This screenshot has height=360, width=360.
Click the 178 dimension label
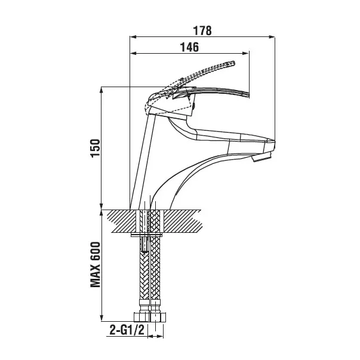coord(202,30)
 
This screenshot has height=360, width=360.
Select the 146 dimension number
coord(189,47)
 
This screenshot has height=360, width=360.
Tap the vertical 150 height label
coord(96,148)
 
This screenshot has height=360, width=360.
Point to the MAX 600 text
coord(96,264)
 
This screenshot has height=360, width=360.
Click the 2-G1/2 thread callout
coord(127,330)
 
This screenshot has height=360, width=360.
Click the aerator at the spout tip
coord(263,157)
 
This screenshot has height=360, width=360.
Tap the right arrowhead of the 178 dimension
coord(272,37)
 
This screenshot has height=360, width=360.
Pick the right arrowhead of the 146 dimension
coord(246,54)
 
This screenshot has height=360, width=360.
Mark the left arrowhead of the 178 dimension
coord(133,37)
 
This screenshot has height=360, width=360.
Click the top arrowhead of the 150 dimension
coord(101,90)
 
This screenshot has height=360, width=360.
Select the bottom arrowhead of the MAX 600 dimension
coord(101,318)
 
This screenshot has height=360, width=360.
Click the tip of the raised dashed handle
coord(233,63)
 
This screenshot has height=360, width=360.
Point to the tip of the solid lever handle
coord(248,95)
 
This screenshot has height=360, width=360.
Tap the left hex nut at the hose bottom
coord(141,317)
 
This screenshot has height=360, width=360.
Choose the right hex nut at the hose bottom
coord(158,317)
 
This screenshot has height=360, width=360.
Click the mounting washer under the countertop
coord(146,235)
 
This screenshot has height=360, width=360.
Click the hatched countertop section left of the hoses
coord(122,221)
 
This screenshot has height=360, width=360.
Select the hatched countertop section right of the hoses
coord(183,221)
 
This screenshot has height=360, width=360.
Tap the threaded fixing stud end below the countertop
coord(144,245)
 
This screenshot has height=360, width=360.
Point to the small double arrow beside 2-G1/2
coord(155,337)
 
